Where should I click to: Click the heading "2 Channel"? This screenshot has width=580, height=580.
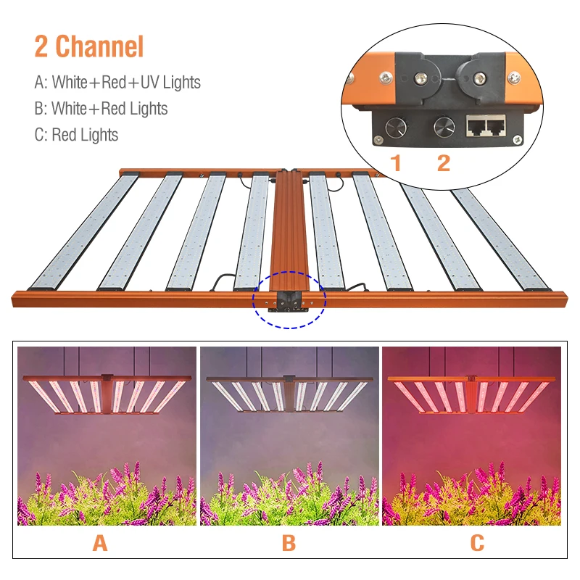tap(89, 46)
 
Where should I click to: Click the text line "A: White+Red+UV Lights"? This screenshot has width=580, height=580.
tap(117, 83)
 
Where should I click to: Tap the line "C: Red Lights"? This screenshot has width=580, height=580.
tap(76, 135)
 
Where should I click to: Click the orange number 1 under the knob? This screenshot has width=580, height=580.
tap(396, 163)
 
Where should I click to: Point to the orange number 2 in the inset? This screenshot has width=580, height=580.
tap(443, 163)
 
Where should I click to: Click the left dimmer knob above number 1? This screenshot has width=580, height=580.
tap(395, 128)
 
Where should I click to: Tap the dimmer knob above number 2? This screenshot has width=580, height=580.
tap(443, 128)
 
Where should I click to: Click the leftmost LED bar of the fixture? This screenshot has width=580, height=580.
tap(84, 231)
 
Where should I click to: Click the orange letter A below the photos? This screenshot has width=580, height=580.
tap(99, 542)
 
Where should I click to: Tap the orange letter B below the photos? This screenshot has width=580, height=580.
tap(289, 542)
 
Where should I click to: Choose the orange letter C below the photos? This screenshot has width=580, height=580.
tap(476, 542)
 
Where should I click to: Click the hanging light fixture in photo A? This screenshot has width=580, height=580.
tap(107, 396)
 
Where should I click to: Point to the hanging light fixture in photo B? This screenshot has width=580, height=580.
tap(289, 396)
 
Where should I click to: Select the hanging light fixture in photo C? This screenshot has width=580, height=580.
tap(471, 396)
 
